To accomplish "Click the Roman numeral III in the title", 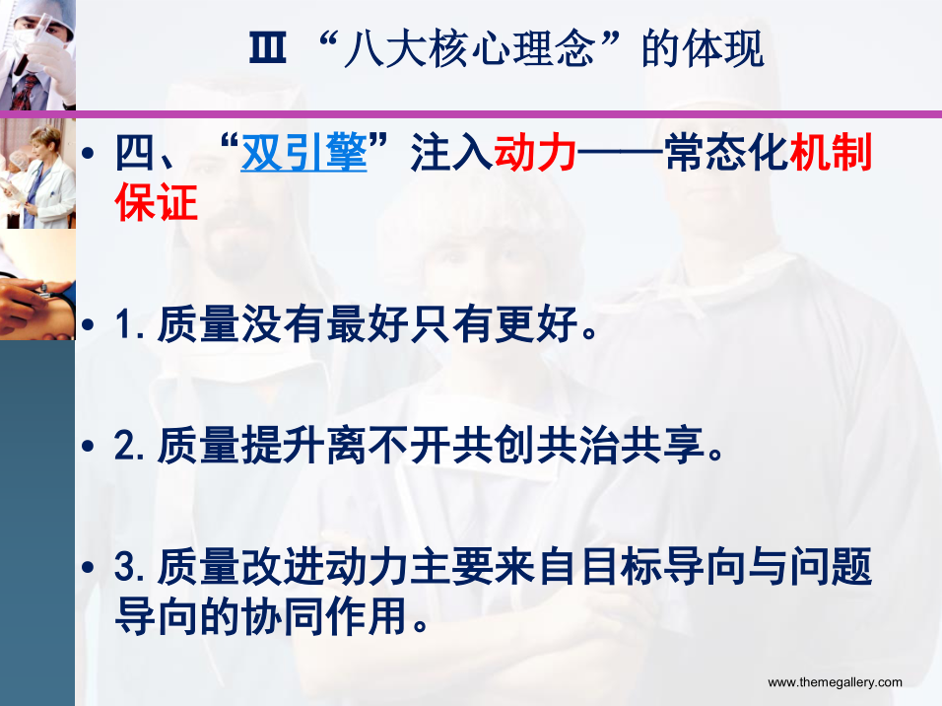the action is [267, 47].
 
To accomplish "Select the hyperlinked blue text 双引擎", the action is [304, 152].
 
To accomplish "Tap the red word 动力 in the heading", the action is [535, 152].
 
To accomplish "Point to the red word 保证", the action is [157, 202].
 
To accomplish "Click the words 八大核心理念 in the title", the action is [469, 48].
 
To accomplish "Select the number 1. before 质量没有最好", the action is [130, 324].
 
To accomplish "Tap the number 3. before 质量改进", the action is [130, 566].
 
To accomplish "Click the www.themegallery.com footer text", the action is [835, 682].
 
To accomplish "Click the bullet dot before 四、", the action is [89, 153].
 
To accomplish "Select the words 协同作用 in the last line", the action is [325, 616].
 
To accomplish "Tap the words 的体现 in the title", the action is [703, 48].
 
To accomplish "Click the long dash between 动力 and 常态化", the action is [621, 154].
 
